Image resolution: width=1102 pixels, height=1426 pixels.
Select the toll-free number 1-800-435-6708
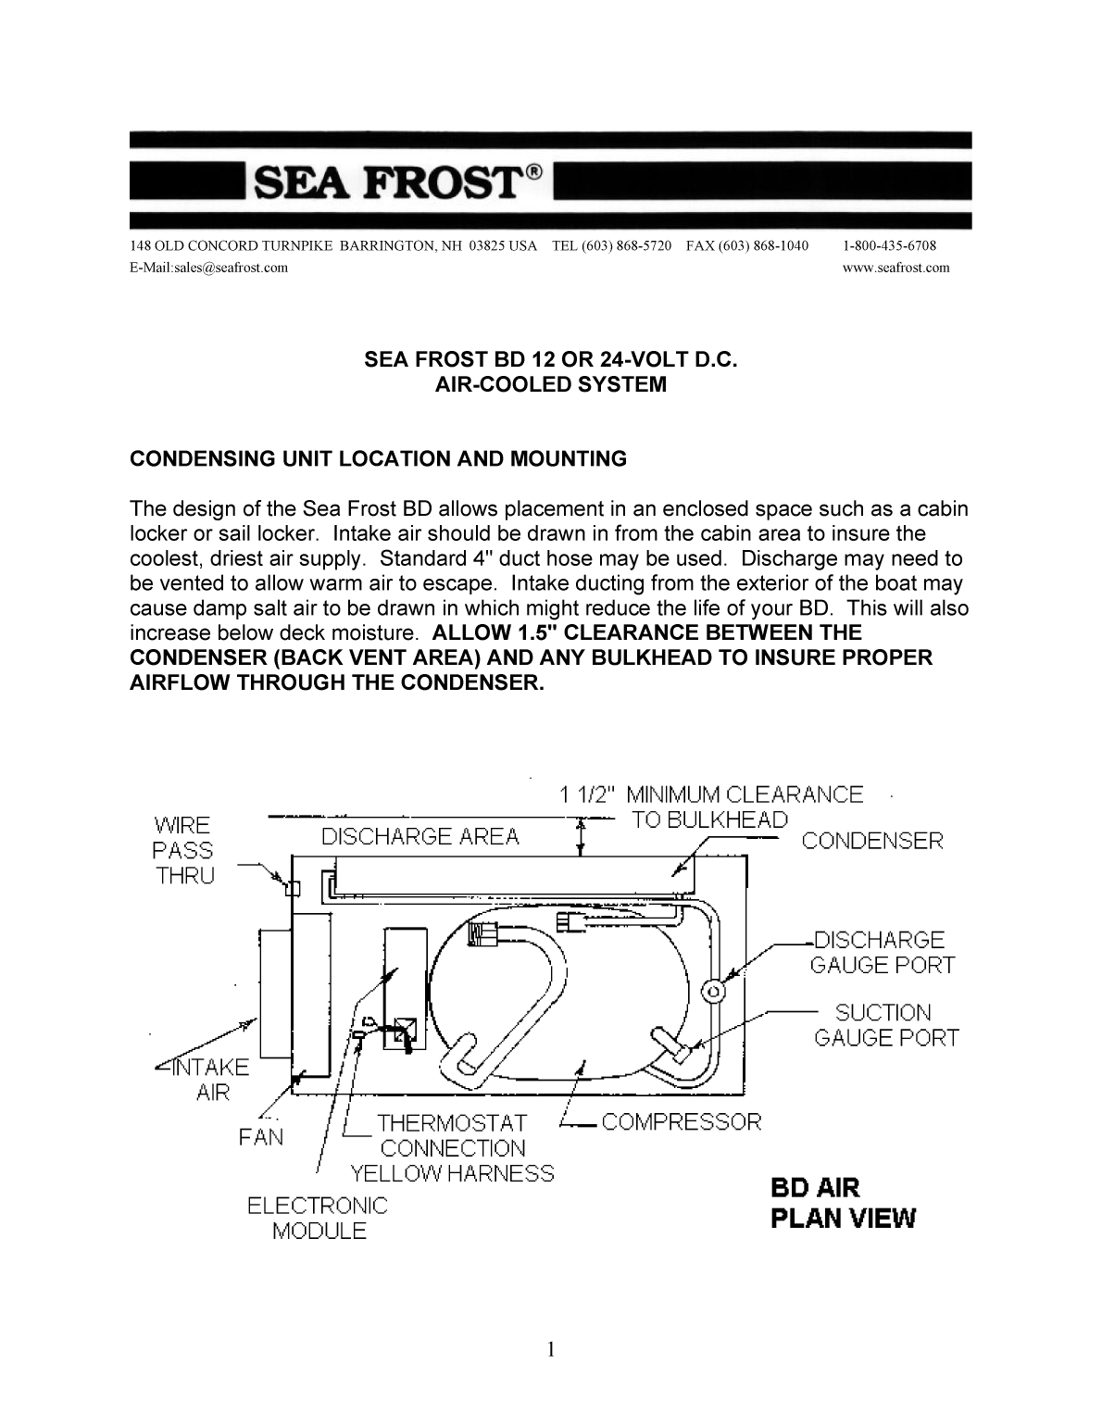coord(890,245)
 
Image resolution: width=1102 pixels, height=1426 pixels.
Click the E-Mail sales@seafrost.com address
coord(209,268)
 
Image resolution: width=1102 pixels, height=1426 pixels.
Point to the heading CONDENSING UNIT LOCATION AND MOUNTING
coord(378,459)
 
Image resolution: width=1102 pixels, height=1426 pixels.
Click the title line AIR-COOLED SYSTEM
coord(550,384)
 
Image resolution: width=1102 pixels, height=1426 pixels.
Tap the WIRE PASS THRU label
coord(183,850)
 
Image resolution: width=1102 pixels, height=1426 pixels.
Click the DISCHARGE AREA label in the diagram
coord(420,837)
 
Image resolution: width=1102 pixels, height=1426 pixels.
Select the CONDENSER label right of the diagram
coord(872,841)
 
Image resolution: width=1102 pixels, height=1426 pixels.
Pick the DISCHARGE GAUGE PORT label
coord(882,952)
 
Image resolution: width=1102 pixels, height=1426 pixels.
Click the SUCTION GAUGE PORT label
coord(885,1025)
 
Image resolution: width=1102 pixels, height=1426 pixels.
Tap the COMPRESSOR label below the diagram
coord(681,1121)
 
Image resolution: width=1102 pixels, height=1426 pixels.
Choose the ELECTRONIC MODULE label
coord(318,1219)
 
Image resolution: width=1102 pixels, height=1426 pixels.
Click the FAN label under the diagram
coord(260,1136)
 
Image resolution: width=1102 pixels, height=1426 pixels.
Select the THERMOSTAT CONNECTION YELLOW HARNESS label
coord(452,1148)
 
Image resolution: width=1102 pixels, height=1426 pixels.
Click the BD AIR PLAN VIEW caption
coord(843,1202)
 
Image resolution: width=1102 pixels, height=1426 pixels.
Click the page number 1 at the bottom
coord(551,1349)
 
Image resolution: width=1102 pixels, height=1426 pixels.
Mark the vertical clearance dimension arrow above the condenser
coord(581,834)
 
